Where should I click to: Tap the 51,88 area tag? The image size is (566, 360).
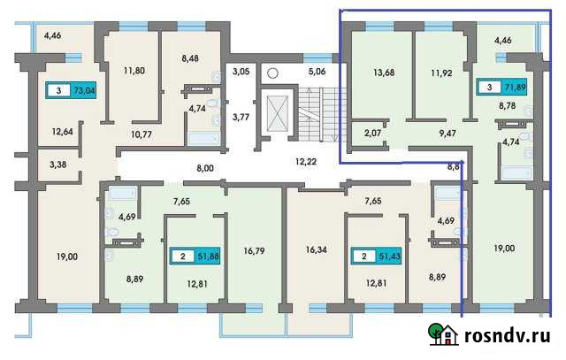[196, 257]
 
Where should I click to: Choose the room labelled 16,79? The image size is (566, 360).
[255, 251]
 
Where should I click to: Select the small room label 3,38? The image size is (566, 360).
[57, 164]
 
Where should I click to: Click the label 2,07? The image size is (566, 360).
[371, 134]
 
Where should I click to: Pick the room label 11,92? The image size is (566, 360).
[440, 73]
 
